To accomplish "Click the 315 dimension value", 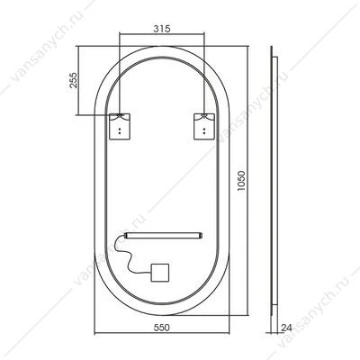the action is [x=162, y=29].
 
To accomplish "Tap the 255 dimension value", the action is [x=74, y=80].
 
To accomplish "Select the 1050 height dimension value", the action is [x=241, y=181].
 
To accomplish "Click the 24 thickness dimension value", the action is [x=286, y=328].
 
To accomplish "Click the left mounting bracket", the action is [x=120, y=126].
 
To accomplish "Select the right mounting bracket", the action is [x=204, y=126].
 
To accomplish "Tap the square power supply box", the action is [x=160, y=273].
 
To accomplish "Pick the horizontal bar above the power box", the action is [x=164, y=235].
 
